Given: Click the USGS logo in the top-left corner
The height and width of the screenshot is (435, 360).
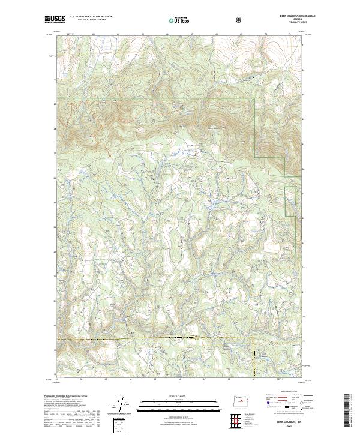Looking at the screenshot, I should (55, 20).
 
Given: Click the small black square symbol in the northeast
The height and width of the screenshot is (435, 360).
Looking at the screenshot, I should (253, 77).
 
